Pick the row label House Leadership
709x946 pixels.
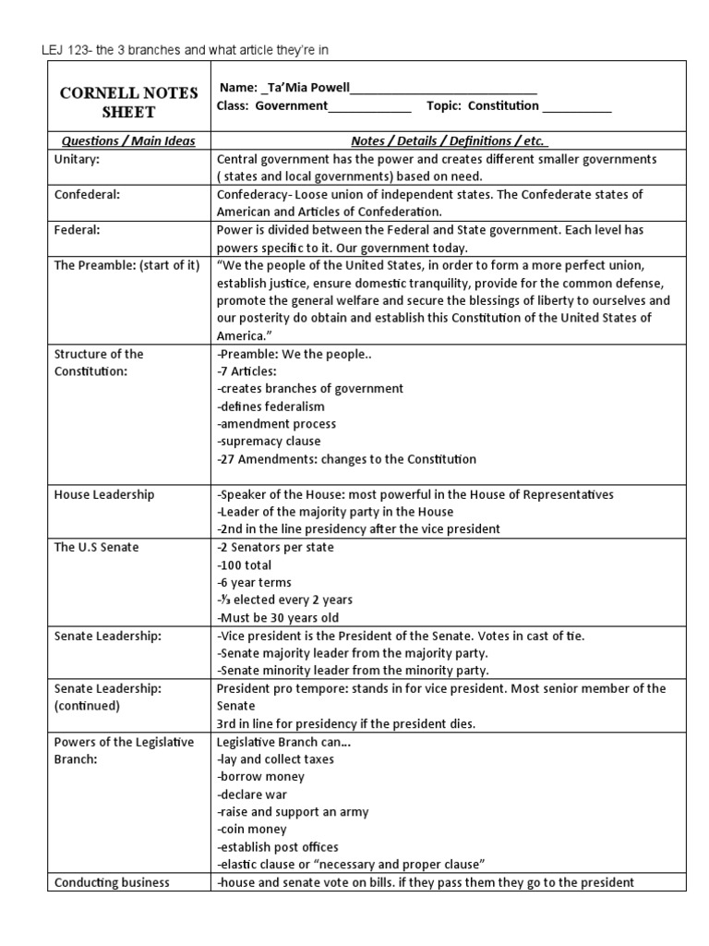(x=104, y=494)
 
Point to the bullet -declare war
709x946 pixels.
(x=252, y=794)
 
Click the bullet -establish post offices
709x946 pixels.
(x=278, y=846)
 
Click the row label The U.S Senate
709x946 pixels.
(x=96, y=547)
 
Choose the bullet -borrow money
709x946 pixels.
(x=261, y=776)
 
